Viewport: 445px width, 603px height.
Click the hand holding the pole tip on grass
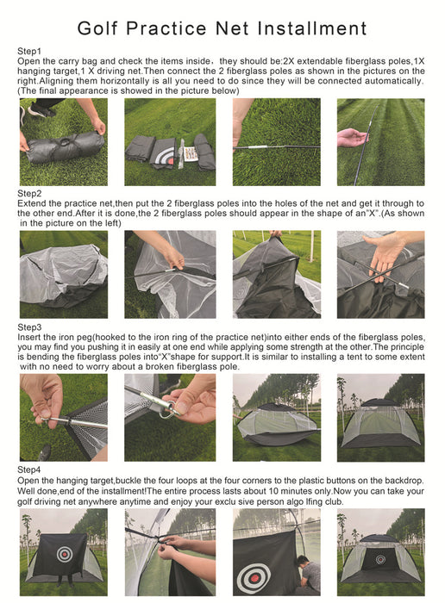pyautogui.click(x=352, y=137)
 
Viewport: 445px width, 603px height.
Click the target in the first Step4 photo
pyautogui.click(x=64, y=550)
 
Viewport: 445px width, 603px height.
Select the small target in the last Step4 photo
pyautogui.click(x=380, y=559)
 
